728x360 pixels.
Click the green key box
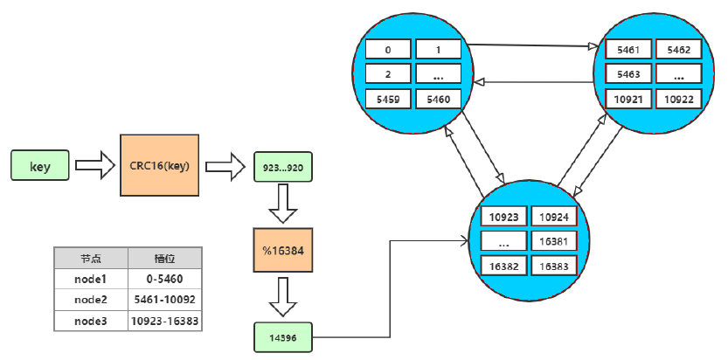40,165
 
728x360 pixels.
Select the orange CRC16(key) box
158,165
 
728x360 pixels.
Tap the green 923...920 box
282,165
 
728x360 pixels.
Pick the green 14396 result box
281,336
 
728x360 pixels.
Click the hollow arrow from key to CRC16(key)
94,165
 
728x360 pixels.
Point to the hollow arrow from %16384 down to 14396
281,298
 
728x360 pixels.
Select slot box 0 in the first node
388,50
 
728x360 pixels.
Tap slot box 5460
438,100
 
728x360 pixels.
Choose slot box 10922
678,100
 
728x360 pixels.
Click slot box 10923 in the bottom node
503,216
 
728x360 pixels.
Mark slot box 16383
553,266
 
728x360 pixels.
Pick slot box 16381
553,241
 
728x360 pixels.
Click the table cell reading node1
90,279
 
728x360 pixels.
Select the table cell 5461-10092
164,300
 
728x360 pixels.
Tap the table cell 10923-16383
164,321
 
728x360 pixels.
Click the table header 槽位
164,258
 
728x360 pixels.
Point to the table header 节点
90,258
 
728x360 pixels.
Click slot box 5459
388,100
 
